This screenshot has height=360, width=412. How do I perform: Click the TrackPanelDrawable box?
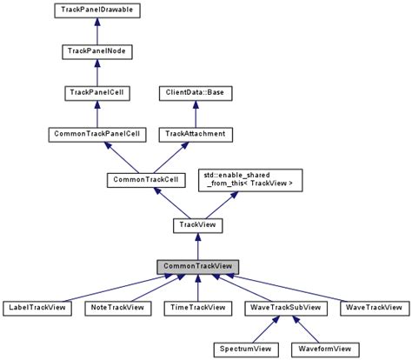(98, 11)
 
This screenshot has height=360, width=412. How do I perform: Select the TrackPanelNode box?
(98, 52)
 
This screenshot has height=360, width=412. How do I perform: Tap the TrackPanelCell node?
(98, 93)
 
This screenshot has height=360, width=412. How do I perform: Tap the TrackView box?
(197, 225)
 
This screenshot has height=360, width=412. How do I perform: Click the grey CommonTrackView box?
(197, 266)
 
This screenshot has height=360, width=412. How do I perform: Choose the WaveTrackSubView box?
(286, 308)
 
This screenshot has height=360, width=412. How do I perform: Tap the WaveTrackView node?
(373, 308)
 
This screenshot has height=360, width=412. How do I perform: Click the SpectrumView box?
(245, 349)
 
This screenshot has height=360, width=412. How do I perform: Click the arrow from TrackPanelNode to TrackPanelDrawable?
(98, 32)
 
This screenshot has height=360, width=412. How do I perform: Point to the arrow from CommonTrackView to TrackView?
(197, 246)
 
